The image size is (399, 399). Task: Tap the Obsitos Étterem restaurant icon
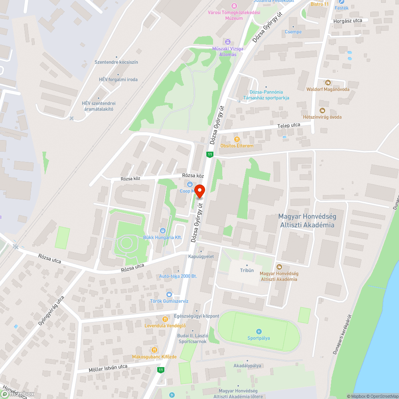tap(237, 139)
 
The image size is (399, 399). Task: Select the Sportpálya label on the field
tap(259, 338)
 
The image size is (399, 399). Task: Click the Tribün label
tap(247, 270)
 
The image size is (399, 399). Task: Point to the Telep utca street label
tap(289, 125)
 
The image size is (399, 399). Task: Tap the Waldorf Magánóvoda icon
tap(328, 83)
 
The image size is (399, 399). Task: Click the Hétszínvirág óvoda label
tap(322, 117)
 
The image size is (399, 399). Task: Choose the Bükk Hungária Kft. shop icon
tap(163, 231)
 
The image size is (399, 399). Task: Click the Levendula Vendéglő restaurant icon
tap(165, 319)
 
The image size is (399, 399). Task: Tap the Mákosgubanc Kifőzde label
tap(154, 356)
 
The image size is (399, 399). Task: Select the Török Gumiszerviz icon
tap(169, 294)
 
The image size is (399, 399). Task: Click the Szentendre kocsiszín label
tap(116, 62)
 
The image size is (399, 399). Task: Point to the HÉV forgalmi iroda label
tap(118, 79)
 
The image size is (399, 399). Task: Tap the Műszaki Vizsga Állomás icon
tap(228, 42)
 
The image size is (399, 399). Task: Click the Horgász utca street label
tap(348, 20)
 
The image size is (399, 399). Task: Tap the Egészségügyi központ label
tap(197, 316)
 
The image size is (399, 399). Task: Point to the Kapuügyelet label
tap(201, 256)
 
